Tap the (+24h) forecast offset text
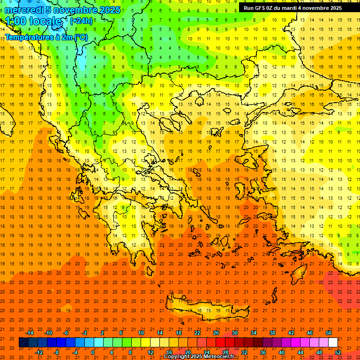pyautogui.click(x=81, y=21)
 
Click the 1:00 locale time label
pyautogui.click(x=33, y=21)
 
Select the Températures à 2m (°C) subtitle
pyautogui.click(x=46, y=37)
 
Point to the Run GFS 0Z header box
pyautogui.click(x=299, y=8)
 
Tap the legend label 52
pyautogui.click(x=337, y=352)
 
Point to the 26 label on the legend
pyautogui.click(x=216, y=333)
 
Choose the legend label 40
pyautogui.click(x=281, y=352)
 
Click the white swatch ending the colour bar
pyautogui.click(x=333, y=342)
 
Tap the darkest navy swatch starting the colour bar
pyautogui.click(x=23, y=342)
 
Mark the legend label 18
pyautogui.click(x=179, y=333)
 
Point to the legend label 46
pyautogui.click(x=310, y=333)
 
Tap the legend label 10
pyautogui.click(x=141, y=333)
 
